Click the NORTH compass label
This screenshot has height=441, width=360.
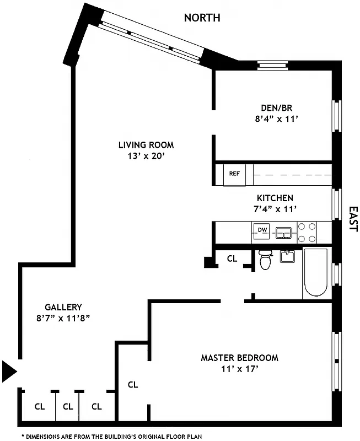202,18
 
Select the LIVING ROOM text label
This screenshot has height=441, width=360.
146,145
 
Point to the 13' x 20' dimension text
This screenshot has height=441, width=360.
146,156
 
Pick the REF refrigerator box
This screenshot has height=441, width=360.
234,174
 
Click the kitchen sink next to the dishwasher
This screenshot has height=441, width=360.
284,232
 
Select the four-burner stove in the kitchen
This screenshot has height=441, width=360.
307,232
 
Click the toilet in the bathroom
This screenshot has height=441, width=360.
266,260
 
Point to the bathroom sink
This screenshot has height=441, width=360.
287,256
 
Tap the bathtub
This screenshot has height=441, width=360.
315,273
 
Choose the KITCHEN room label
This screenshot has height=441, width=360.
275,198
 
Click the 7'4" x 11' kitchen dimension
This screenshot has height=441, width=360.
275,209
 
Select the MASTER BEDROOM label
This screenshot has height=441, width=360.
239,358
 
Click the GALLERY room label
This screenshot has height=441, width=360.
63,307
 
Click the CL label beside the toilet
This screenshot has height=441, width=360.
232,258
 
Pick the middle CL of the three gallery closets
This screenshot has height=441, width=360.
68,407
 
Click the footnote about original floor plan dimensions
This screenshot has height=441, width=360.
111,436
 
